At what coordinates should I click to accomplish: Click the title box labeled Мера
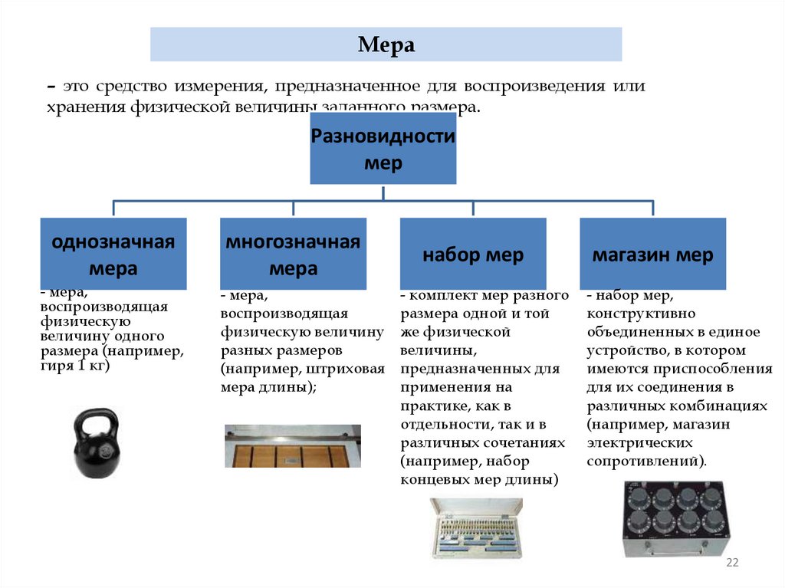(386, 44)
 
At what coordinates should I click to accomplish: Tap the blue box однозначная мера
(113, 254)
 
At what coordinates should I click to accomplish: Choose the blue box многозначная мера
(293, 254)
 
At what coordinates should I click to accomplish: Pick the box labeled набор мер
(473, 255)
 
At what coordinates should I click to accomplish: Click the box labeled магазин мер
(652, 255)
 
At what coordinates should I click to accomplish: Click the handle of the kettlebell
(96, 419)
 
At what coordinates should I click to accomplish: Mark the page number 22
(731, 563)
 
